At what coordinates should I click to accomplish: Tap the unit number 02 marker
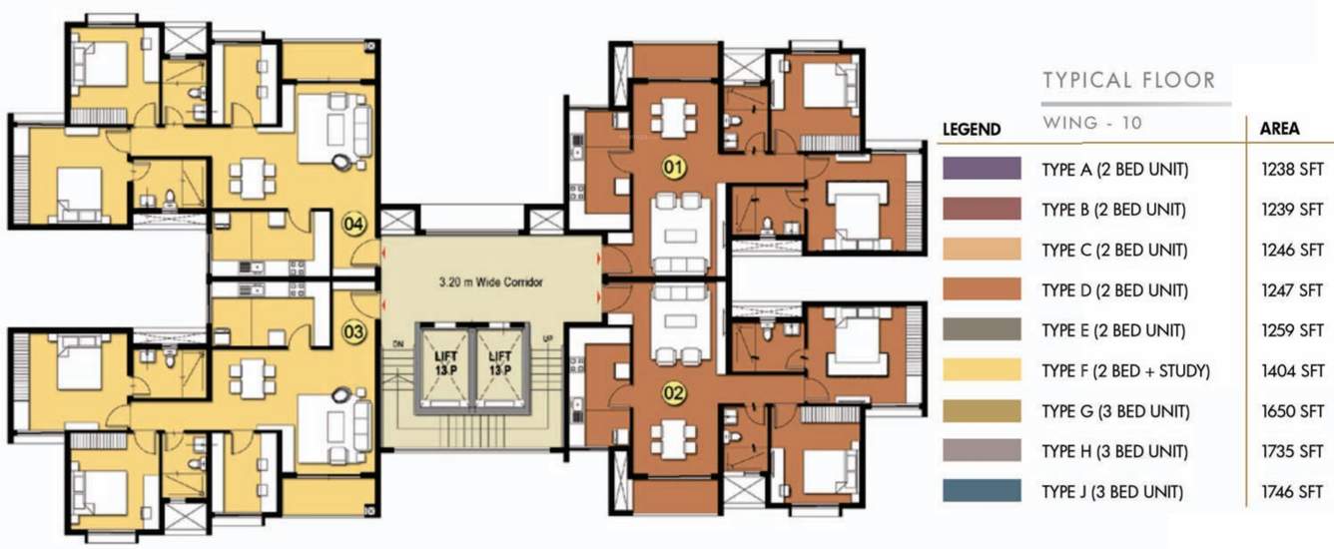pos(674,393)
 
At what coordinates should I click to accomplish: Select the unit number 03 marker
pos(354,330)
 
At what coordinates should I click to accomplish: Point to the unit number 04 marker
pos(354,224)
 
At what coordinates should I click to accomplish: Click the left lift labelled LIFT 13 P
pos(446,365)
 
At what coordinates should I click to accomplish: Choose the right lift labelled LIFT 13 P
pos(498,365)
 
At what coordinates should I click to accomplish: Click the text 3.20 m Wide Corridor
pos(491,282)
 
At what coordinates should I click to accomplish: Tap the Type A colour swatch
pos(982,169)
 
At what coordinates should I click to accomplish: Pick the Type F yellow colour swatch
pos(982,370)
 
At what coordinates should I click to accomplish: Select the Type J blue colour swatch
pos(982,491)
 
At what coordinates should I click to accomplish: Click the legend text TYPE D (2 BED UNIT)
pos(1114,290)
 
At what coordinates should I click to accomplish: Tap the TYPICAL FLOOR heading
pos(1128,81)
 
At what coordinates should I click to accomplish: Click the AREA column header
pos(1279,129)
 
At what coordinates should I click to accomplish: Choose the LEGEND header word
pos(972,130)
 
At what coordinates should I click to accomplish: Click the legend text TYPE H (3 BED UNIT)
pos(1114,451)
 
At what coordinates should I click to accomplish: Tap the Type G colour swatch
pos(982,411)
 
